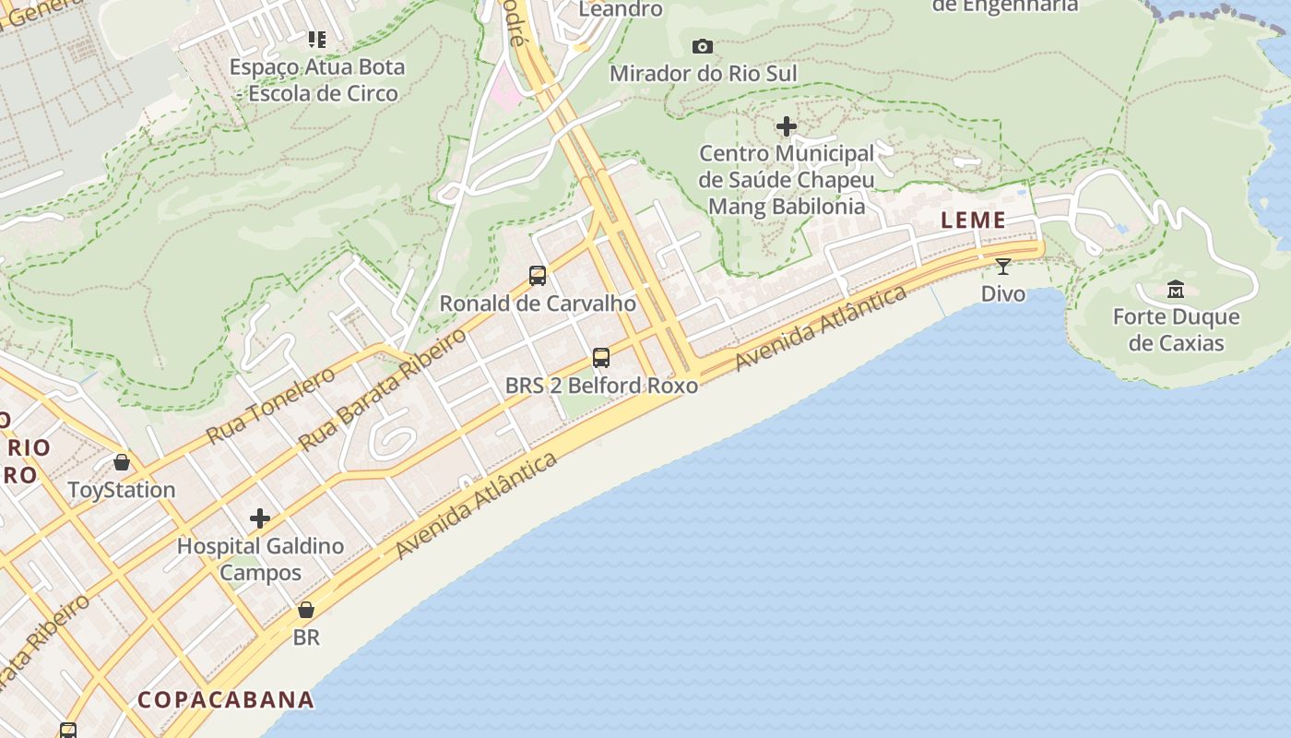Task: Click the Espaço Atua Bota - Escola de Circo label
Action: [316, 80]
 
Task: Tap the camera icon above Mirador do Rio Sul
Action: [703, 46]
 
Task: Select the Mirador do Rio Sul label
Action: [703, 73]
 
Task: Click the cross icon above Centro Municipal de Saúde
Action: [787, 126]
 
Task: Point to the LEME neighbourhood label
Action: [973, 220]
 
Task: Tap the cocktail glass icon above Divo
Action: [1002, 267]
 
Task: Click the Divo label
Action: [1002, 293]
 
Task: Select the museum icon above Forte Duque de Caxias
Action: [1176, 290]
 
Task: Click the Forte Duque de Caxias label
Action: [1176, 330]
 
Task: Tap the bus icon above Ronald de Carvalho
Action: [538, 275]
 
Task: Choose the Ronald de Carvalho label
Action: [538, 303]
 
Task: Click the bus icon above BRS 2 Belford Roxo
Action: [601, 358]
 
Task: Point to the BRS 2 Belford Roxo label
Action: [601, 385]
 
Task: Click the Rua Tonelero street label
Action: [270, 404]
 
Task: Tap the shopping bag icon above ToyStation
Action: [122, 462]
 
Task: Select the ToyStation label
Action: [122, 490]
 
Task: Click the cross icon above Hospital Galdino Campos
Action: [260, 518]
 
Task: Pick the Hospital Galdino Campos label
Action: [260, 559]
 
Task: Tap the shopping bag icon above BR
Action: [306, 611]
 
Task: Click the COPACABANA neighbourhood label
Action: [226, 699]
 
